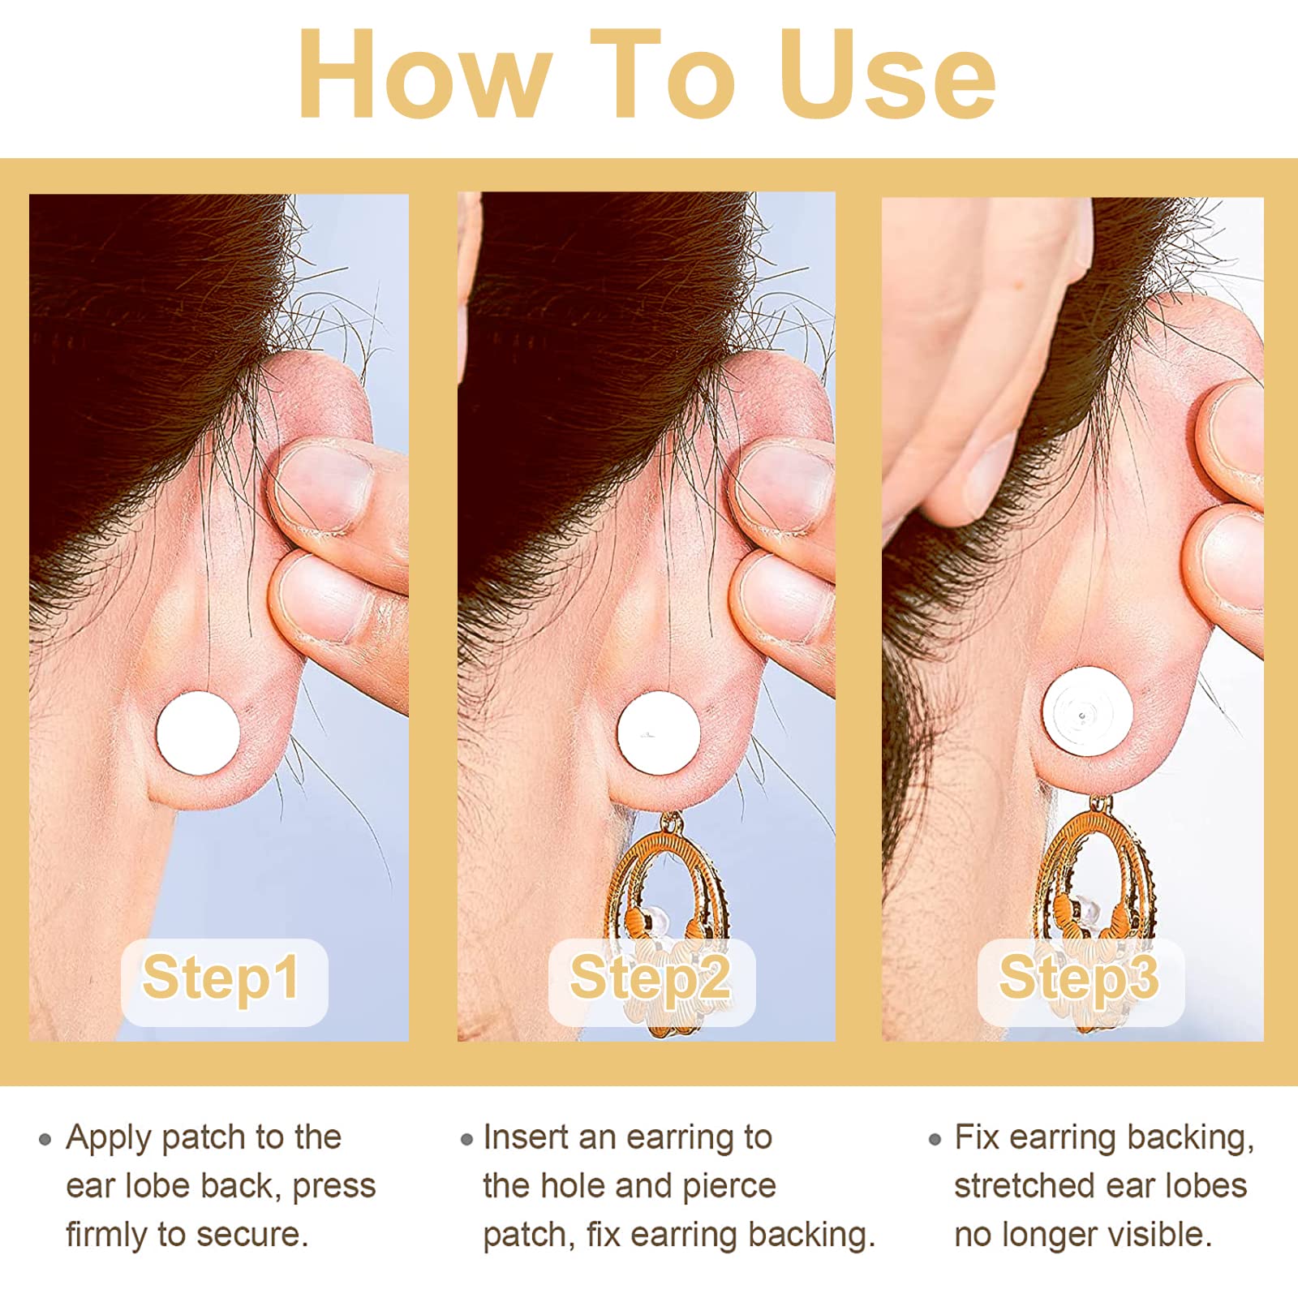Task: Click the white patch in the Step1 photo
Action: pyautogui.click(x=198, y=733)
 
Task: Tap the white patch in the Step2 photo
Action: pyautogui.click(x=658, y=733)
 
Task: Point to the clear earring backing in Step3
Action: pyautogui.click(x=1087, y=712)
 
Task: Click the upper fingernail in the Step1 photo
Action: pyautogui.click(x=320, y=487)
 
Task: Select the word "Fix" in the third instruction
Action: pyautogui.click(x=977, y=1137)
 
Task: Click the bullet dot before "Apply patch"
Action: pyautogui.click(x=45, y=1140)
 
